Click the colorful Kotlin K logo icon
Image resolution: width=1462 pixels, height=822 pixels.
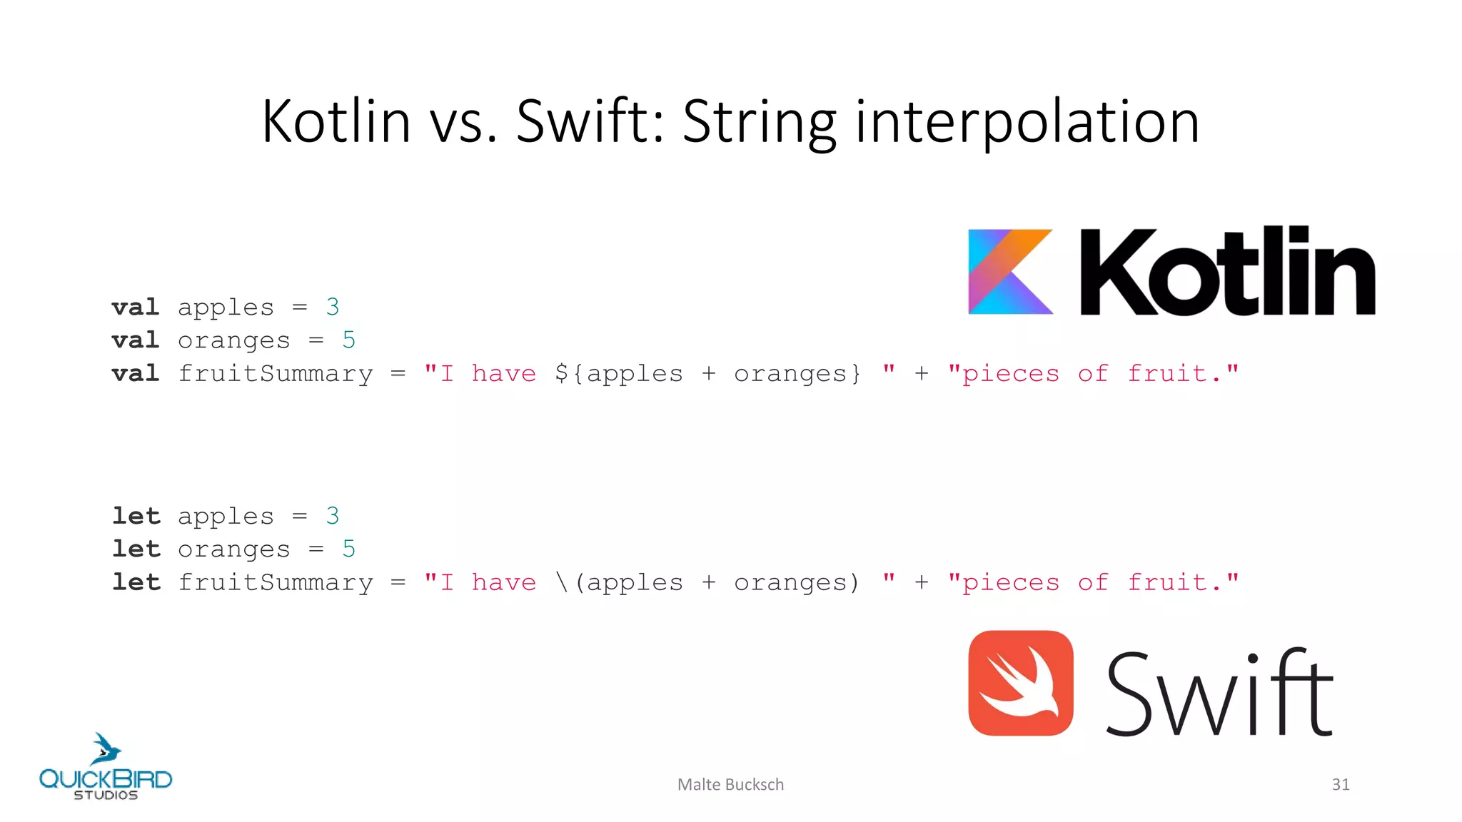point(1009,271)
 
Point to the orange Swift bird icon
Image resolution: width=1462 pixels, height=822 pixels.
point(1020,683)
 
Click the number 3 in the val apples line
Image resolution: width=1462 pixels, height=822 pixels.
point(332,307)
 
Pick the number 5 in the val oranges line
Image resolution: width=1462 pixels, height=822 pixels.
point(348,340)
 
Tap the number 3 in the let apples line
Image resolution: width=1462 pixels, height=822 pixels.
point(332,516)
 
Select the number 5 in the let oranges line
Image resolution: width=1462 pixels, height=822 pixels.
point(348,549)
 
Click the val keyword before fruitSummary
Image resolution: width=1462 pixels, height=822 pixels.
point(136,373)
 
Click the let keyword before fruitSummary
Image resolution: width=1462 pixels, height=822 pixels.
point(136,582)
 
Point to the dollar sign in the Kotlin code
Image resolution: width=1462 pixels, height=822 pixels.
point(562,373)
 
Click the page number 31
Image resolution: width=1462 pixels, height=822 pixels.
point(1340,784)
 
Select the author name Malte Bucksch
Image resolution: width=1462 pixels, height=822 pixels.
point(730,784)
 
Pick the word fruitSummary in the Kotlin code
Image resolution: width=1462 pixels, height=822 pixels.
point(276,373)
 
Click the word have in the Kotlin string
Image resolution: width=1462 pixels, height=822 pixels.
point(504,373)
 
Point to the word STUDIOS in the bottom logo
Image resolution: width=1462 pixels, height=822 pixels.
point(106,795)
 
